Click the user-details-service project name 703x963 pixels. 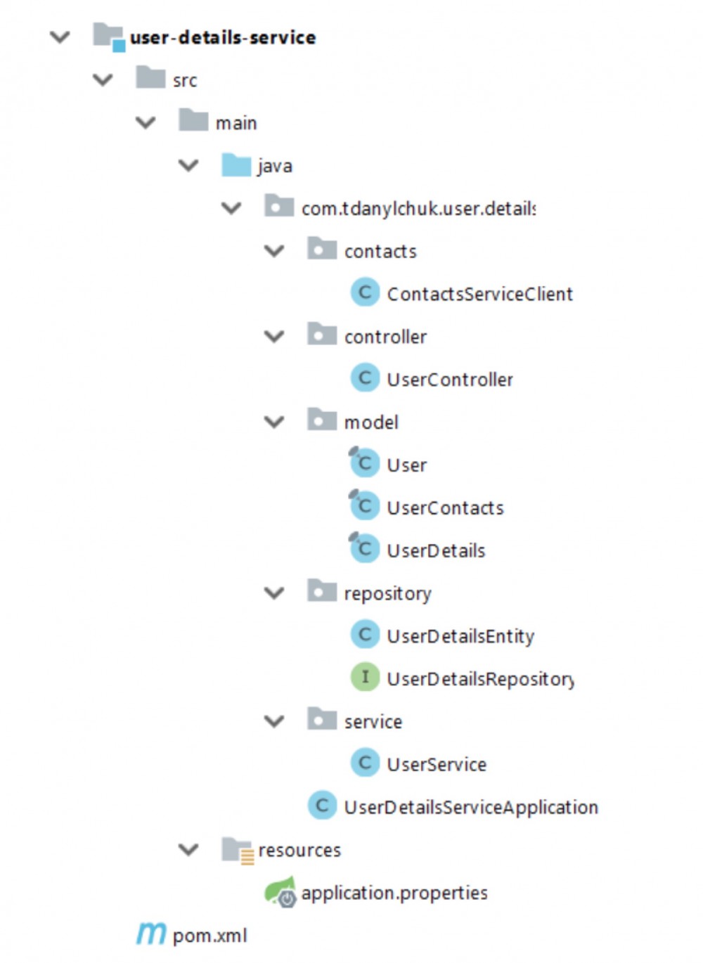click(223, 37)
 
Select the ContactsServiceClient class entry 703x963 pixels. click(479, 294)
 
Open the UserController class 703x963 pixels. click(450, 380)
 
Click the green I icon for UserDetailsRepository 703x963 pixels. click(365, 678)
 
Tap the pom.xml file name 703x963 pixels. click(209, 936)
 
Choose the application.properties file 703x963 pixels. click(394, 893)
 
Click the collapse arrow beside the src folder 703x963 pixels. click(103, 80)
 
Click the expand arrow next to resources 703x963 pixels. click(188, 850)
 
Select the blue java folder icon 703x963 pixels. click(236, 165)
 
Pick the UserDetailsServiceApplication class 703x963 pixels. click(471, 807)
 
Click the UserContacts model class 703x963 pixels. click(445, 508)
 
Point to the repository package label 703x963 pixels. click(387, 593)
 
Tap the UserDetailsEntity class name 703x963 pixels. click(460, 636)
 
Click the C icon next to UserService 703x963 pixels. click(365, 763)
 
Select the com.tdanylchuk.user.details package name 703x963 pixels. click(418, 209)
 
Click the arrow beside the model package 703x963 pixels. click(274, 422)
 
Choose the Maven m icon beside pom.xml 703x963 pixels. click(151, 933)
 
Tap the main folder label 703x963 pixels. click(236, 123)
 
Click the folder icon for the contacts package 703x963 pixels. click(322, 249)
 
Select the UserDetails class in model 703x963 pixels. click(436, 550)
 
